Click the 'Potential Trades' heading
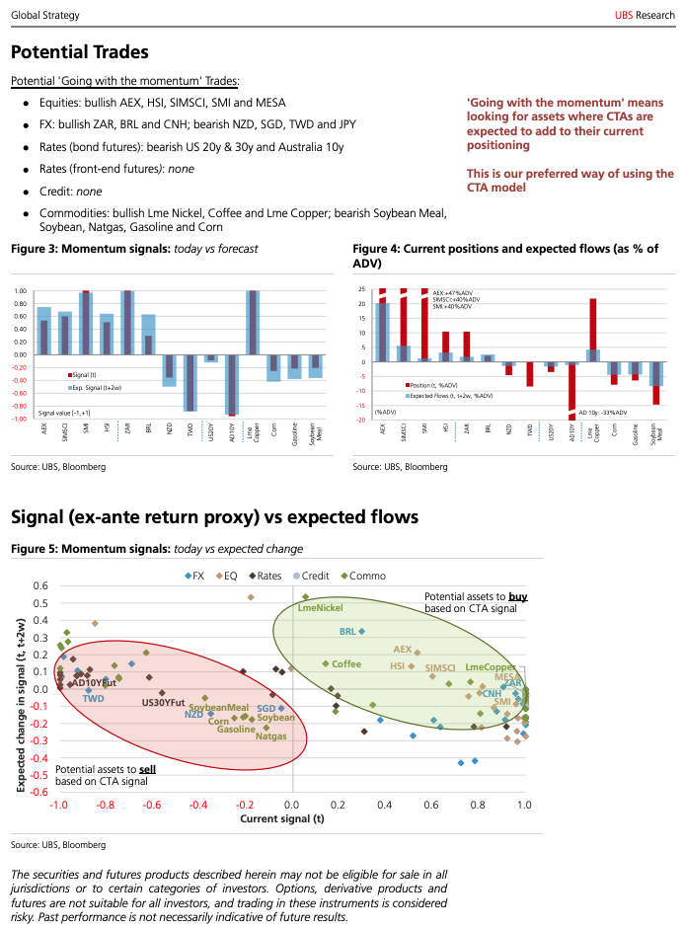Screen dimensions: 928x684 tap(79, 52)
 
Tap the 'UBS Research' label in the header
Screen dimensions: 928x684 tap(643, 15)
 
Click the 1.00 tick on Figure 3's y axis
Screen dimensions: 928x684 tap(20, 290)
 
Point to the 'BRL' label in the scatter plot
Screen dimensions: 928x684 tap(347, 631)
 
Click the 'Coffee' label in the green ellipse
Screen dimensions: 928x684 tap(346, 663)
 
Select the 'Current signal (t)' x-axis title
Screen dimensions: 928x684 tap(282, 818)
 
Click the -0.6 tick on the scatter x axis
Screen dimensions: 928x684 tap(152, 806)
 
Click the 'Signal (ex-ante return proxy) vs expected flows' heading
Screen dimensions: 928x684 tap(214, 517)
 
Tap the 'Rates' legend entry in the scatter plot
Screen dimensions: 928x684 tap(267, 576)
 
